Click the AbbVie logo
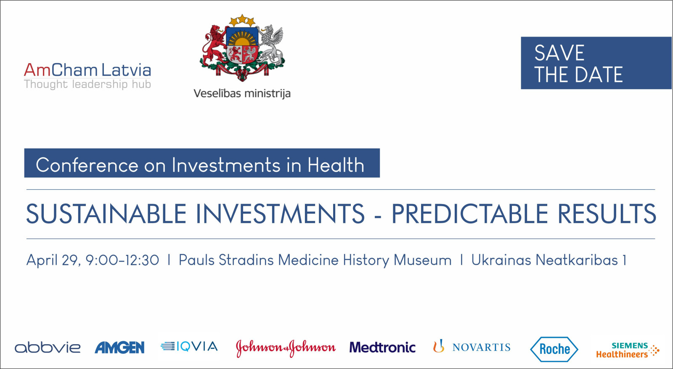pos(48,348)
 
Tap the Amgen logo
pos(119,348)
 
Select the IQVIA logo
pos(189,346)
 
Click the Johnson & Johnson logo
pos(286,348)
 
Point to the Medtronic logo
pos(382,348)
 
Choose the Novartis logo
pos(472,347)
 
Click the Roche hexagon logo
pos(554,349)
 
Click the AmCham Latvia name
pos(87,70)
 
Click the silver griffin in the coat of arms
pos(271,45)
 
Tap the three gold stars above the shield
pos(242,21)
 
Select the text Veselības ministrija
pos(242,93)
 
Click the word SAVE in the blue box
pos(559,53)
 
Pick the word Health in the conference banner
pos(336,165)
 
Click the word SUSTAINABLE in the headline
pos(107,214)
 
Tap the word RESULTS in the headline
pos(607,214)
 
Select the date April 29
pos(53,260)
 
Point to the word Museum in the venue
pos(422,260)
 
